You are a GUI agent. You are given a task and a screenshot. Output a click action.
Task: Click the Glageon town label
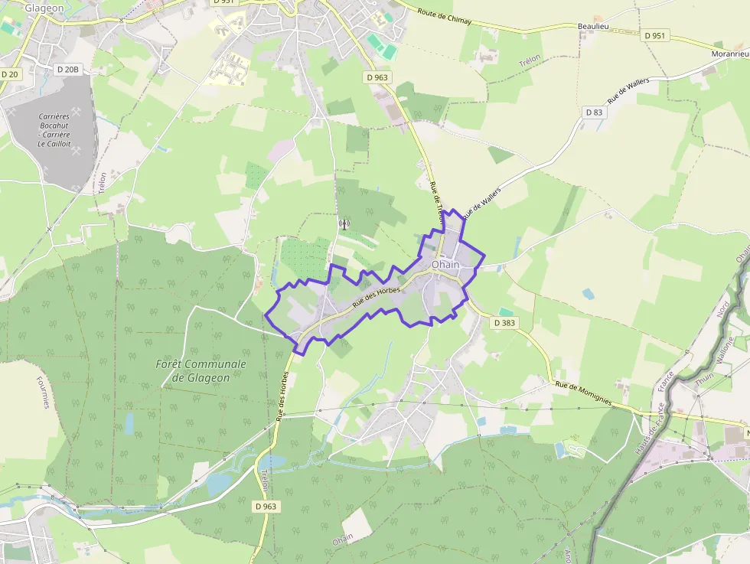click(x=44, y=8)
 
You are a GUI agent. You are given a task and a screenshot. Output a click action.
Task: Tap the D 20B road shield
click(x=68, y=69)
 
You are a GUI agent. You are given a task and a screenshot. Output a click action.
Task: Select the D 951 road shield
click(x=655, y=35)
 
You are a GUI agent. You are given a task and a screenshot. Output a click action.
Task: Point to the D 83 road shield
click(x=594, y=112)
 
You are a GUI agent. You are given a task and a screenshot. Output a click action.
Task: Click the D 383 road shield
click(x=504, y=323)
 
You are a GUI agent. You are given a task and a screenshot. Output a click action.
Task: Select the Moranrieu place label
click(x=730, y=54)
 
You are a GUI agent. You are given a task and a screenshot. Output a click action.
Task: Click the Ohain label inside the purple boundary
click(x=446, y=265)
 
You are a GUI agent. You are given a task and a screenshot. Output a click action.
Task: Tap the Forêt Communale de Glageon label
click(x=201, y=371)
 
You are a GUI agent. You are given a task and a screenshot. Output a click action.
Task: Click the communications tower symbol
click(x=344, y=224)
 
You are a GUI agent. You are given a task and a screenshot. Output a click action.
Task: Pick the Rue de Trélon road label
click(x=436, y=207)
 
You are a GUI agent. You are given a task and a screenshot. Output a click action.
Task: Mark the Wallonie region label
click(x=725, y=352)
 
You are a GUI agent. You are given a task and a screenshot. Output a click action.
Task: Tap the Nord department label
click(x=722, y=310)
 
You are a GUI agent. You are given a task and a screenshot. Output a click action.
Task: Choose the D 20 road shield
click(x=9, y=74)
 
